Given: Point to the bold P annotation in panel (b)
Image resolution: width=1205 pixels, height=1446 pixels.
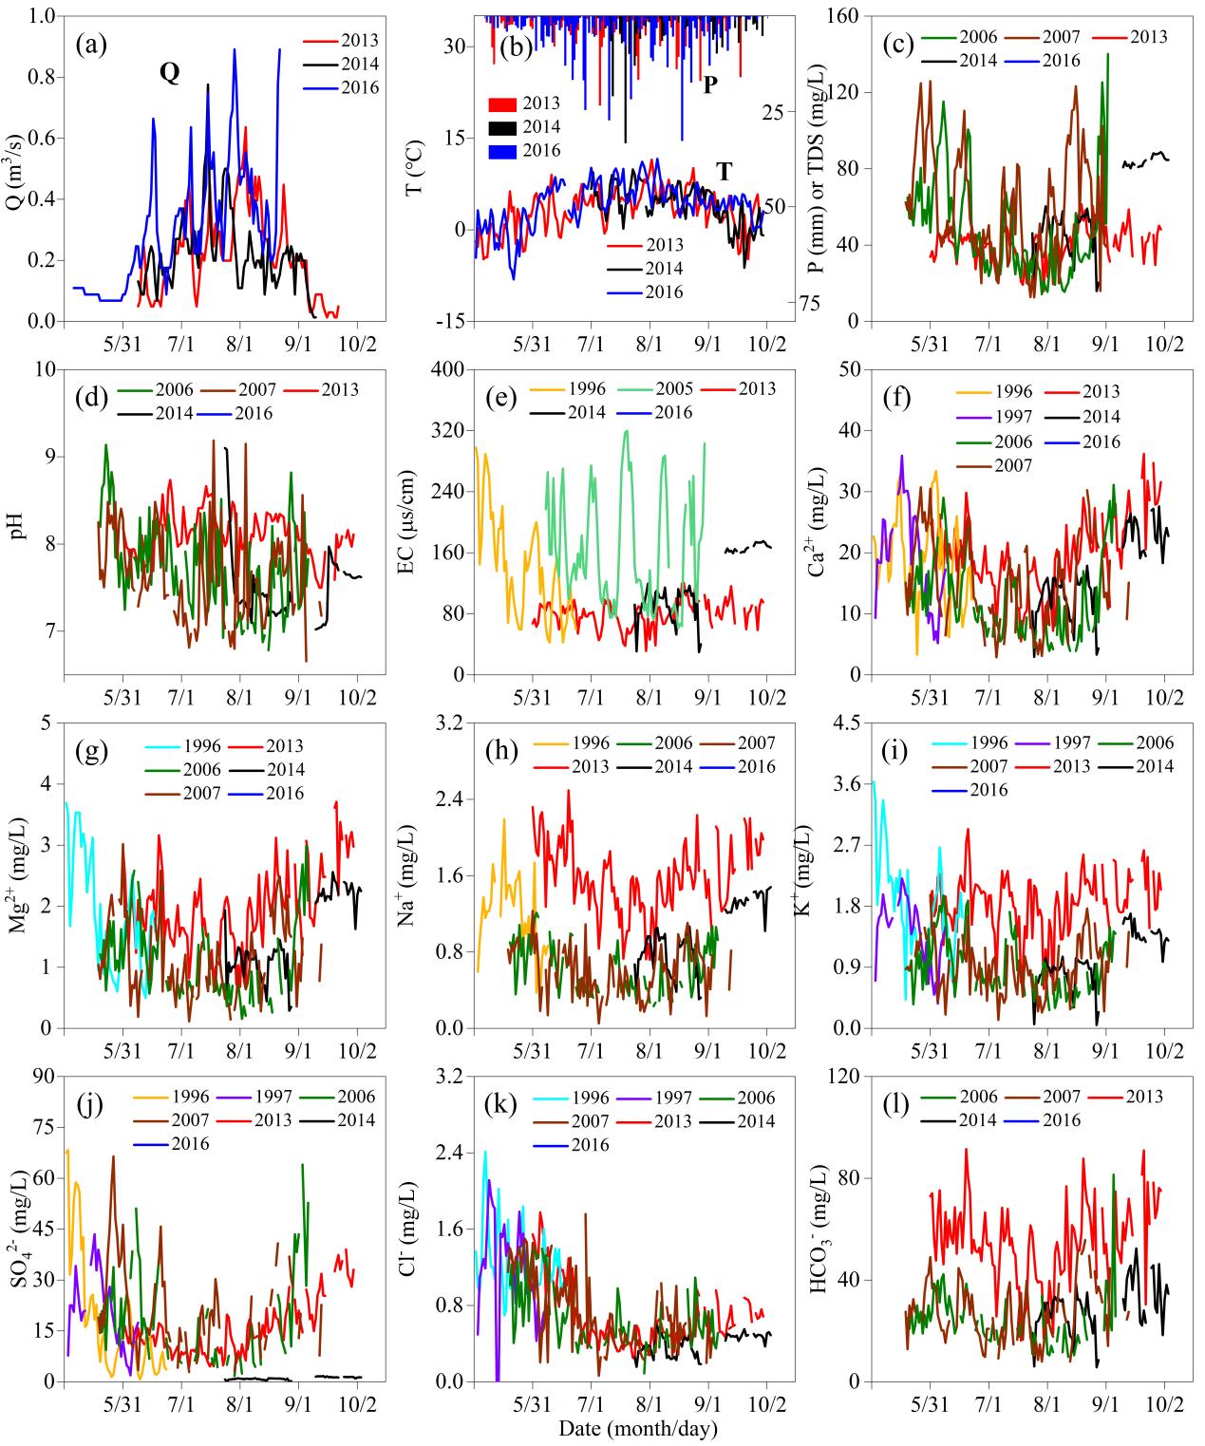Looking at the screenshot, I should tap(709, 85).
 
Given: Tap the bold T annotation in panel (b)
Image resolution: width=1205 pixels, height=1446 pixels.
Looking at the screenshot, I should tap(725, 171).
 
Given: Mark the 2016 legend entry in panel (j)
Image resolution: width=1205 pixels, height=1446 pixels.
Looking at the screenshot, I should tap(191, 1144).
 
